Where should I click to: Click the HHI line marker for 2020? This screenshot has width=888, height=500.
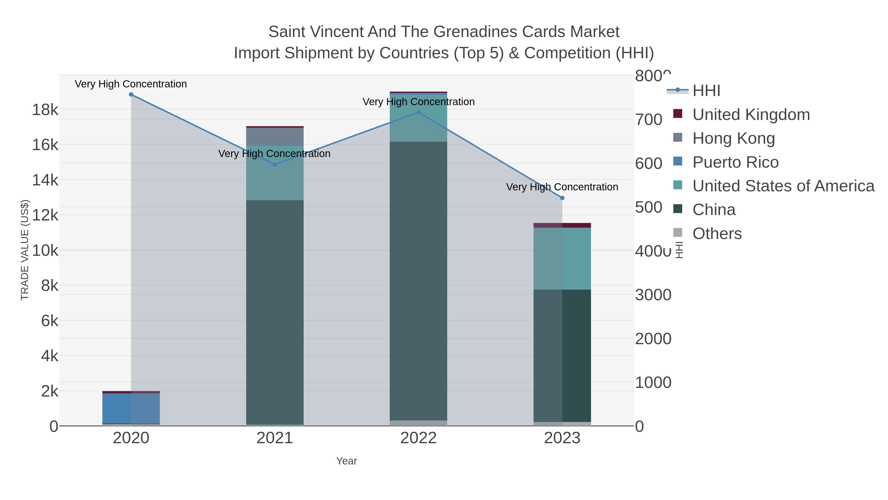(131, 95)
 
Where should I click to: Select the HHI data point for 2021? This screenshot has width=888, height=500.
(275, 165)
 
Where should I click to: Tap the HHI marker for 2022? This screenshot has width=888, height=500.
(419, 112)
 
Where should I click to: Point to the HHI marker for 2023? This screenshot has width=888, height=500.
(562, 198)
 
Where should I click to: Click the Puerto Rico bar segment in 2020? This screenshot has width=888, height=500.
(131, 408)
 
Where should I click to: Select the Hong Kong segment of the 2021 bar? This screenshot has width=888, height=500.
(275, 137)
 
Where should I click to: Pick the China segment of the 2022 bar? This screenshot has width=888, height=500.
(419, 281)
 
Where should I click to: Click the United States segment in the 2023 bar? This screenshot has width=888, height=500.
(562, 259)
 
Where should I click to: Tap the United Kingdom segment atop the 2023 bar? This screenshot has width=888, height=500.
(562, 225)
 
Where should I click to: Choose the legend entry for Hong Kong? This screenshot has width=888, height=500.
(734, 138)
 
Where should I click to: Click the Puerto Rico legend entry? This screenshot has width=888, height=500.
(735, 162)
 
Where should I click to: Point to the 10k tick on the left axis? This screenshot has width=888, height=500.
(45, 251)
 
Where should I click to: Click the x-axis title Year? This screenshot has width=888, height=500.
(347, 461)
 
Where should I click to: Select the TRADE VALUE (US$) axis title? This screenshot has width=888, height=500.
(25, 250)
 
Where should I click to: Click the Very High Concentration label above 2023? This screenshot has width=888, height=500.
(562, 187)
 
